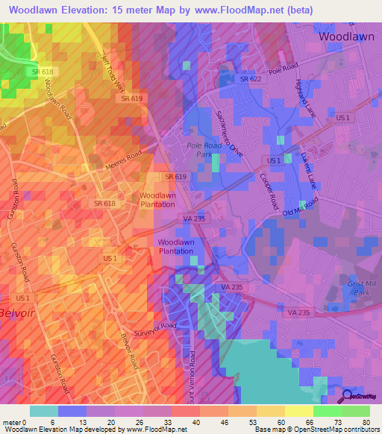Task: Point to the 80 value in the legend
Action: tap(364, 421)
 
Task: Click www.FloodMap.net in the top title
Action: tap(237, 10)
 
